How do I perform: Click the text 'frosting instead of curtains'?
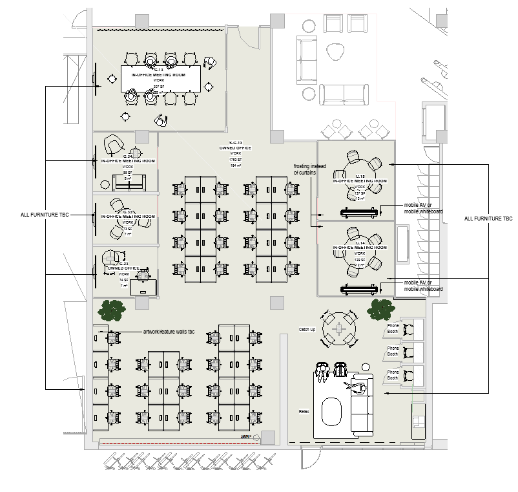click(x=310, y=169)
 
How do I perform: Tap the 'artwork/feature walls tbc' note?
click(x=169, y=332)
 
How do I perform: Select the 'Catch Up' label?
click(x=307, y=330)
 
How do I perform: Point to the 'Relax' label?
click(x=304, y=411)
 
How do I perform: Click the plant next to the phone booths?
click(x=380, y=308)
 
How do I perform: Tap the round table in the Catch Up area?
click(x=340, y=329)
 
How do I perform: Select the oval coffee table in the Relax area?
click(x=332, y=412)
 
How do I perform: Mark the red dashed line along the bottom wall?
click(x=181, y=444)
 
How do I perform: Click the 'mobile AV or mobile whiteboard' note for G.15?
click(x=424, y=209)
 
